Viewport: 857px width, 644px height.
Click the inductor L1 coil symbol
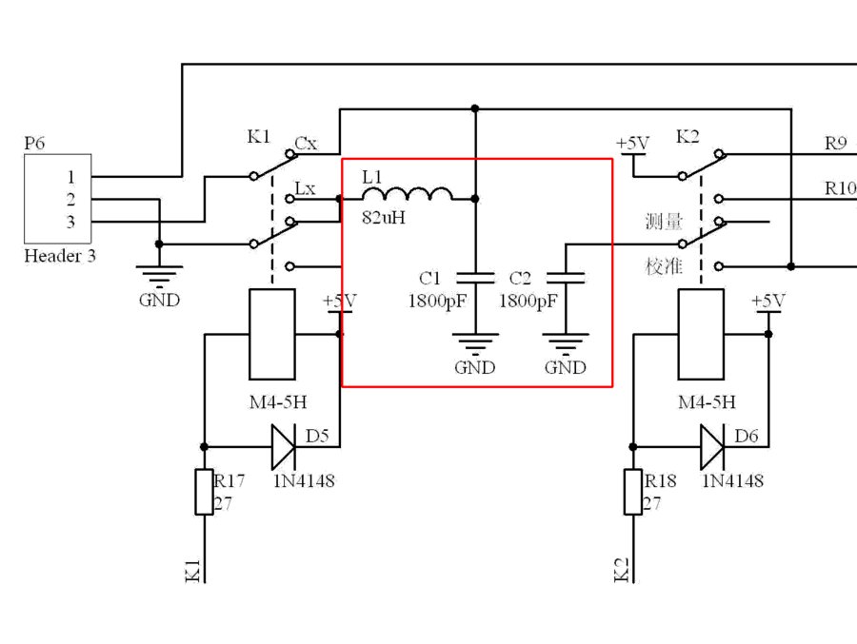[419, 194]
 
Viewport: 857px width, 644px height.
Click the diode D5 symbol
[284, 446]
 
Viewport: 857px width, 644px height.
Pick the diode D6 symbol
[712, 446]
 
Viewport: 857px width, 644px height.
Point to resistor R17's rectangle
[204, 492]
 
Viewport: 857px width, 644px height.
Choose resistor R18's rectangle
[633, 492]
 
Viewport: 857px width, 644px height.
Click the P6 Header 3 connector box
[57, 199]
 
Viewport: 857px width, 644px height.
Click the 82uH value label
[384, 217]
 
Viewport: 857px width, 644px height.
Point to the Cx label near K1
[306, 145]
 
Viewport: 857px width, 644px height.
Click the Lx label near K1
[305, 188]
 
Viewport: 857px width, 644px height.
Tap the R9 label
[835, 145]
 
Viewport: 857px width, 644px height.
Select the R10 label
[839, 188]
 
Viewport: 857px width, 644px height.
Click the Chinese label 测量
[664, 223]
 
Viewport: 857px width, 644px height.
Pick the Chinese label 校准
[664, 265]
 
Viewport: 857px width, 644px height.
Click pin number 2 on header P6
[70, 200]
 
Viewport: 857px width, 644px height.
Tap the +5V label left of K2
[632, 144]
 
